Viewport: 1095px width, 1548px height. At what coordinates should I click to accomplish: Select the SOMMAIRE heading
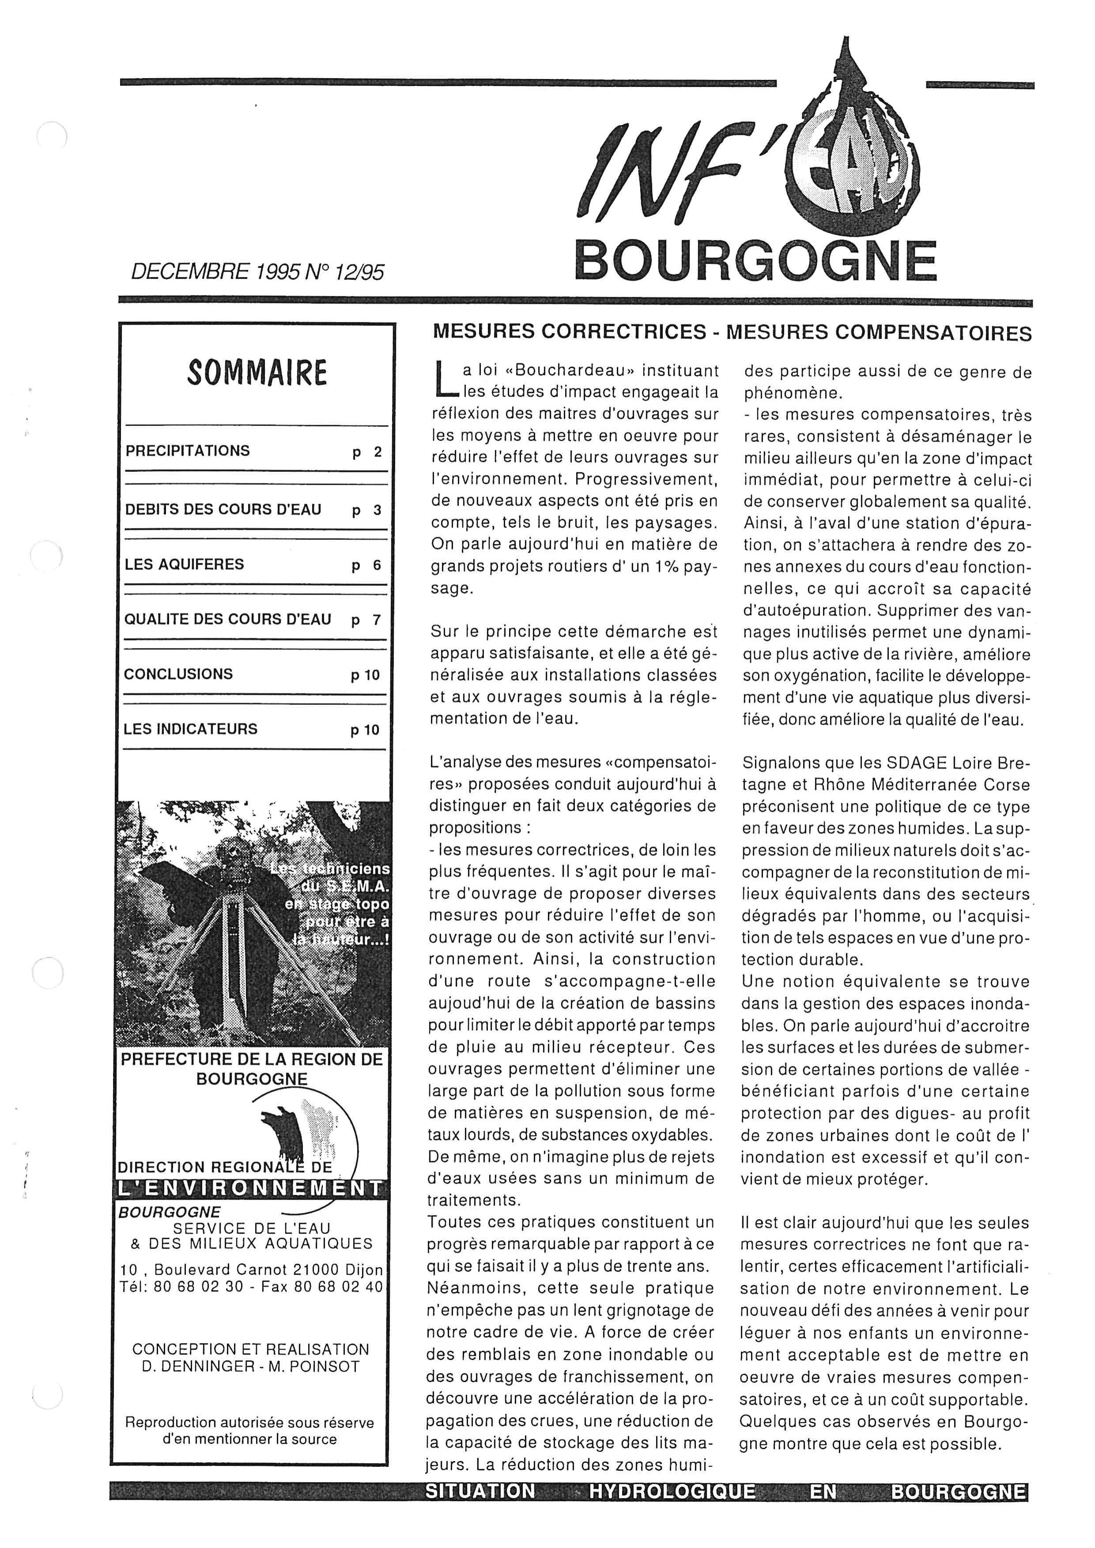click(257, 373)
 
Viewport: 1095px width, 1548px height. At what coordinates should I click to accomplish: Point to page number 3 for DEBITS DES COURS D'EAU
click(377, 510)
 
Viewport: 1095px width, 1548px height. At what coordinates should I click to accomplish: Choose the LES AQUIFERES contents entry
click(184, 564)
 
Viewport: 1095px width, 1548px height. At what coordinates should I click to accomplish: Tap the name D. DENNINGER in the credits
click(196, 1367)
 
